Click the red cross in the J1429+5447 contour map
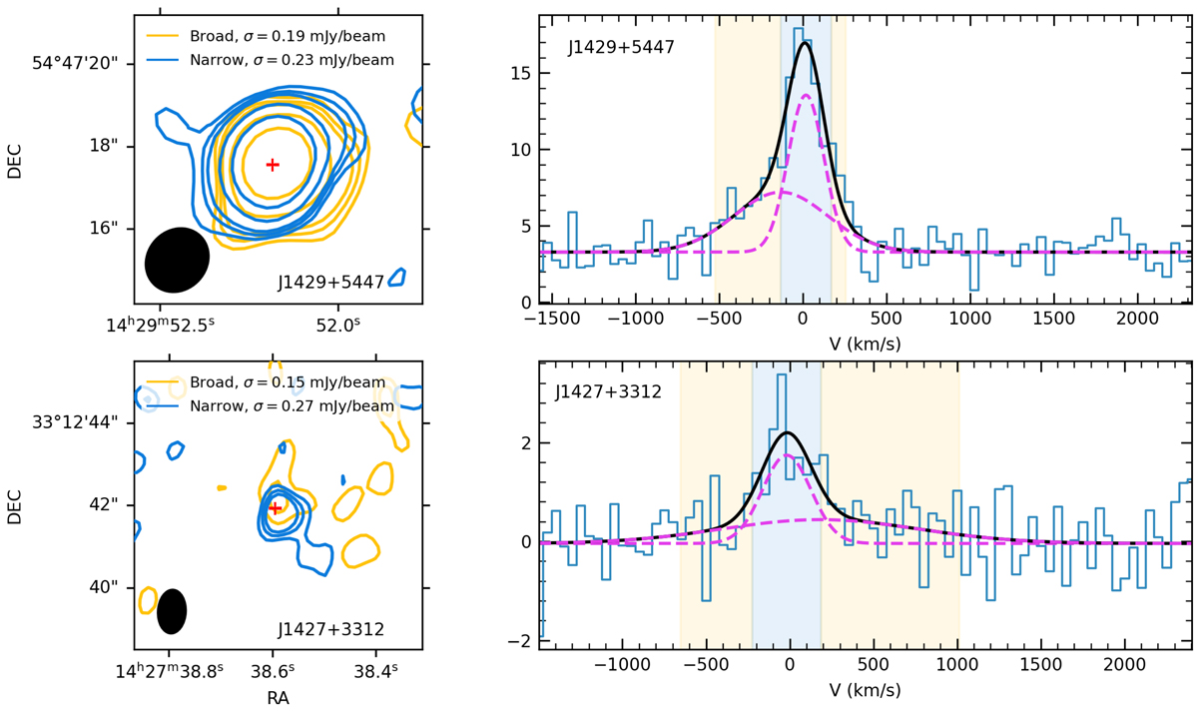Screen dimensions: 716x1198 tap(273, 164)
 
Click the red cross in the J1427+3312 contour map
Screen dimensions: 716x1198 tap(275, 508)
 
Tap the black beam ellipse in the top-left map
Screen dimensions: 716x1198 tap(178, 260)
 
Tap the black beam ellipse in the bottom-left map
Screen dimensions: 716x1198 tap(172, 611)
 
